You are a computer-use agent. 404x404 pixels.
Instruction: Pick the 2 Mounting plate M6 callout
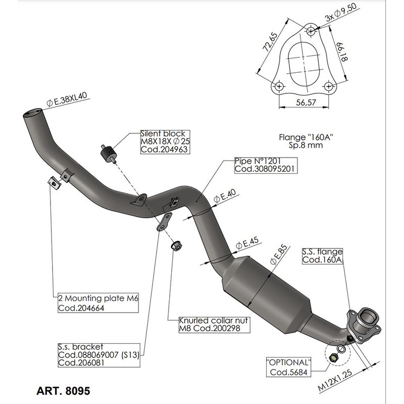click(x=96, y=302)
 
